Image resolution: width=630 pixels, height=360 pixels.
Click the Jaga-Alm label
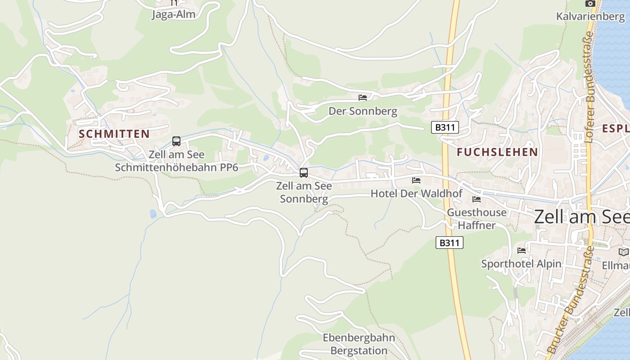(174, 14)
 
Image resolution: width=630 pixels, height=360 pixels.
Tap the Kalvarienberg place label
(590, 17)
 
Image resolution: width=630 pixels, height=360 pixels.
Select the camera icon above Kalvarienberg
(590, 4)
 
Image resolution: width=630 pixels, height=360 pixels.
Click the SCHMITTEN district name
(114, 134)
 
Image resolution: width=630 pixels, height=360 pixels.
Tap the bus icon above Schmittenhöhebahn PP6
(176, 141)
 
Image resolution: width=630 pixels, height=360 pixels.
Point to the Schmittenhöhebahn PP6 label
(176, 161)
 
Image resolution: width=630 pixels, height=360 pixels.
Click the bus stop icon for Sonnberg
(304, 173)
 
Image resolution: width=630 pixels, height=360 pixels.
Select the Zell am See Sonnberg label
(304, 192)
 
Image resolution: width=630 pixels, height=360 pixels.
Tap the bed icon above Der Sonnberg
(363, 98)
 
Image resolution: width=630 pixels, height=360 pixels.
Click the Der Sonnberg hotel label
(363, 111)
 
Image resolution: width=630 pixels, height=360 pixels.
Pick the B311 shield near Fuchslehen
(445, 127)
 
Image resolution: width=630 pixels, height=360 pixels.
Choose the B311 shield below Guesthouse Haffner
(450, 243)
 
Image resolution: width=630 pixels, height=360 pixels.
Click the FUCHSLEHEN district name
(497, 152)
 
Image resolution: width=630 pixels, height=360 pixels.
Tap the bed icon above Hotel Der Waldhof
(416, 180)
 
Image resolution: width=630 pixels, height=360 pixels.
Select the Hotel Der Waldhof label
(416, 193)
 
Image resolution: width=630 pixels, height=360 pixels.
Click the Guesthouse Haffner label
(477, 219)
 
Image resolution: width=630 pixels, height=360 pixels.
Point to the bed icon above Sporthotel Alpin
(522, 251)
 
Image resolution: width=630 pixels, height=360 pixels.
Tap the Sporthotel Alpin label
(522, 264)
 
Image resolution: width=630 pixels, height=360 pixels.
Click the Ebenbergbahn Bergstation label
(359, 344)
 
